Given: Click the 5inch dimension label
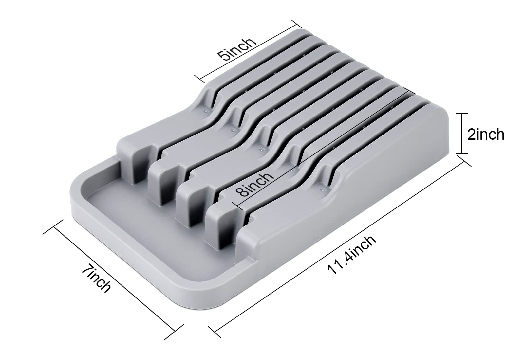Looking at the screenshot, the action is [x=237, y=49].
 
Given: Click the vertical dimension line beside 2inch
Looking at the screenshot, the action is [x=461, y=134].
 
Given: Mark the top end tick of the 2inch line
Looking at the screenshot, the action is [x=461, y=114].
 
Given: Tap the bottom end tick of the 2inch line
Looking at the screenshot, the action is [x=461, y=153].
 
